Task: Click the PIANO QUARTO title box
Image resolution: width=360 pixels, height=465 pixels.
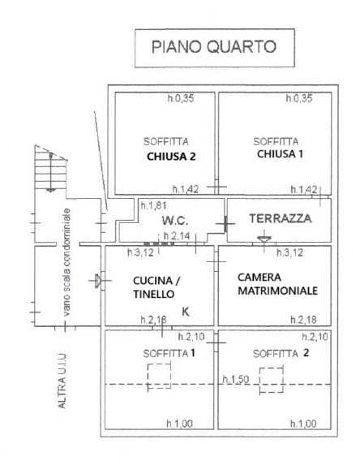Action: click(x=215, y=48)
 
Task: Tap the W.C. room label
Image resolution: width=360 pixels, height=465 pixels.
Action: click(x=175, y=221)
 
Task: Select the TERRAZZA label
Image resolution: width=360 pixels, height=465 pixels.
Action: click(x=281, y=218)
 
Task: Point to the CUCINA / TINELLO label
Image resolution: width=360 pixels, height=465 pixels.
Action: click(x=156, y=287)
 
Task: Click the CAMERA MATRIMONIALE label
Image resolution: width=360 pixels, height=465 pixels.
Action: click(x=277, y=284)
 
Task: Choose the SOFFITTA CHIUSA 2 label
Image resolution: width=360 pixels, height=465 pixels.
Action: click(x=169, y=149)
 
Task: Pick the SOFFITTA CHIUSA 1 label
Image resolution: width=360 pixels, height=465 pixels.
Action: click(x=278, y=148)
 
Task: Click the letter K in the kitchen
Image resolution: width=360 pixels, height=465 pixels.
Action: click(x=186, y=312)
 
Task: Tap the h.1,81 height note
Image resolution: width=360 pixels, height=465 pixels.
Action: click(x=153, y=205)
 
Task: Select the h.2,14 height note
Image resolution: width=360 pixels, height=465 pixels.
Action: click(x=177, y=236)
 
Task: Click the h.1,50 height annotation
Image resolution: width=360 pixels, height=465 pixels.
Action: click(x=236, y=379)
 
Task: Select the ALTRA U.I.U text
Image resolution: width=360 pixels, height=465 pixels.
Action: click(x=62, y=381)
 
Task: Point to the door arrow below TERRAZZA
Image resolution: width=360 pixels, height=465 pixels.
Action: click(x=264, y=239)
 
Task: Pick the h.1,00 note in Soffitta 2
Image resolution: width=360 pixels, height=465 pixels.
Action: click(x=303, y=424)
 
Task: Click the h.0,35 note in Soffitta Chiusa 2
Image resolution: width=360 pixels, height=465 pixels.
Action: click(x=181, y=98)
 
